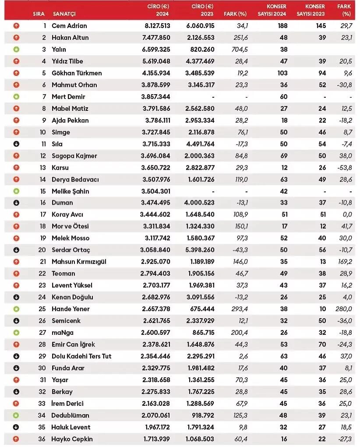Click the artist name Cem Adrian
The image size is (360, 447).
69,26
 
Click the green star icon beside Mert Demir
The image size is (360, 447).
17,96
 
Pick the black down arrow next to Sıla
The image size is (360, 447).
17,144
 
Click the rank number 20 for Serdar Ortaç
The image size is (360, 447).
42,250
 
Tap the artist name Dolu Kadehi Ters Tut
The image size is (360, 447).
81,356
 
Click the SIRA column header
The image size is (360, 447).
39,14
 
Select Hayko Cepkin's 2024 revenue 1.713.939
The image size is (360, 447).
155,439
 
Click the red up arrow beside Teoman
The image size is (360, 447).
17,273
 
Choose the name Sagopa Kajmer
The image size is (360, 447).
74,156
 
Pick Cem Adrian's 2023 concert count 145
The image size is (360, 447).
320,26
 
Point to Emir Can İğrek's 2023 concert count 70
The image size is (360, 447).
322,344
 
